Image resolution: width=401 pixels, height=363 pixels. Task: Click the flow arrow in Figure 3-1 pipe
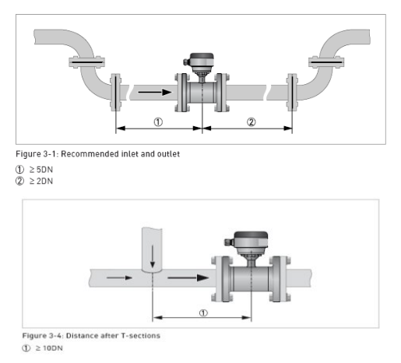(x=155, y=92)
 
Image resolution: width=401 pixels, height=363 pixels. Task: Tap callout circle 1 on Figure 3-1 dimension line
(x=158, y=122)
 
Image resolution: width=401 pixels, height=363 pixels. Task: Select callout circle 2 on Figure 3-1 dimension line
(x=251, y=122)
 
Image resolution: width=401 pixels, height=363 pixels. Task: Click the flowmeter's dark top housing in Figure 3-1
(x=202, y=56)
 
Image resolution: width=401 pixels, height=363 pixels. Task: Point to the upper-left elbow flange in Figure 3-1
(x=86, y=62)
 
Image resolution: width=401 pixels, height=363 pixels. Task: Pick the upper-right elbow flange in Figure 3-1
(x=326, y=62)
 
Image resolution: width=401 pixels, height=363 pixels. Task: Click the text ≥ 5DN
(x=41, y=170)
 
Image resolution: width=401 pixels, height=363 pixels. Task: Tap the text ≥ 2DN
(x=41, y=181)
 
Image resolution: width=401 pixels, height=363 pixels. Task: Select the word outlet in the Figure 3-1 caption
(x=168, y=154)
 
